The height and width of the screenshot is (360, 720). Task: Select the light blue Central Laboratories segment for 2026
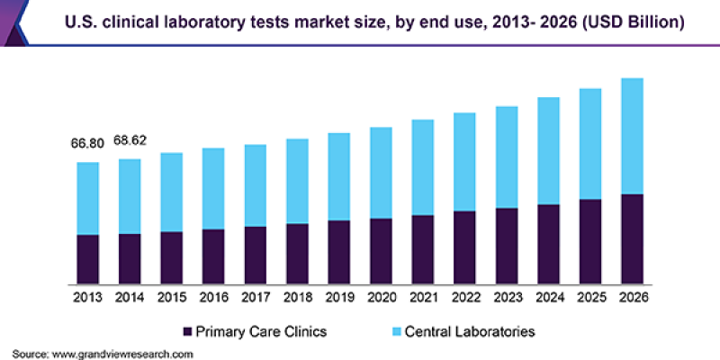point(633,136)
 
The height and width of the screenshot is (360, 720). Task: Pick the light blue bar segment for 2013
point(87,198)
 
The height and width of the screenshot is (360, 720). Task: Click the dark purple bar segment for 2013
point(87,258)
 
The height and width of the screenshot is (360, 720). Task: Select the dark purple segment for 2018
point(297,253)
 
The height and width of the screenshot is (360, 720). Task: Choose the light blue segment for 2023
point(507,157)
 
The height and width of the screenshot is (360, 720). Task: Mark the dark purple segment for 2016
point(213,256)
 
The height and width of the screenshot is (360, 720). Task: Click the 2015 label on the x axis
point(171,296)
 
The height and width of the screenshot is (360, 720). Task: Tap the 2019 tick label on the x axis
point(339,296)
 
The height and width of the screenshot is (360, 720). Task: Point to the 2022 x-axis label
point(465,296)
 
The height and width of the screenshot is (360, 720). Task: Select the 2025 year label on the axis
point(591,296)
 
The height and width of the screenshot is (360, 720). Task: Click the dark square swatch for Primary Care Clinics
point(188,331)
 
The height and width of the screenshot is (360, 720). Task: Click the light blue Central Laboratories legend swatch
point(397,331)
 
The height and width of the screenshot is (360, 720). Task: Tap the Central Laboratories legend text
point(471,331)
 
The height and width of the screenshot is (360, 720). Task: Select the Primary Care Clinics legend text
point(261,331)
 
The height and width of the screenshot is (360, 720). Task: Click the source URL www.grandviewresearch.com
point(123,354)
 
